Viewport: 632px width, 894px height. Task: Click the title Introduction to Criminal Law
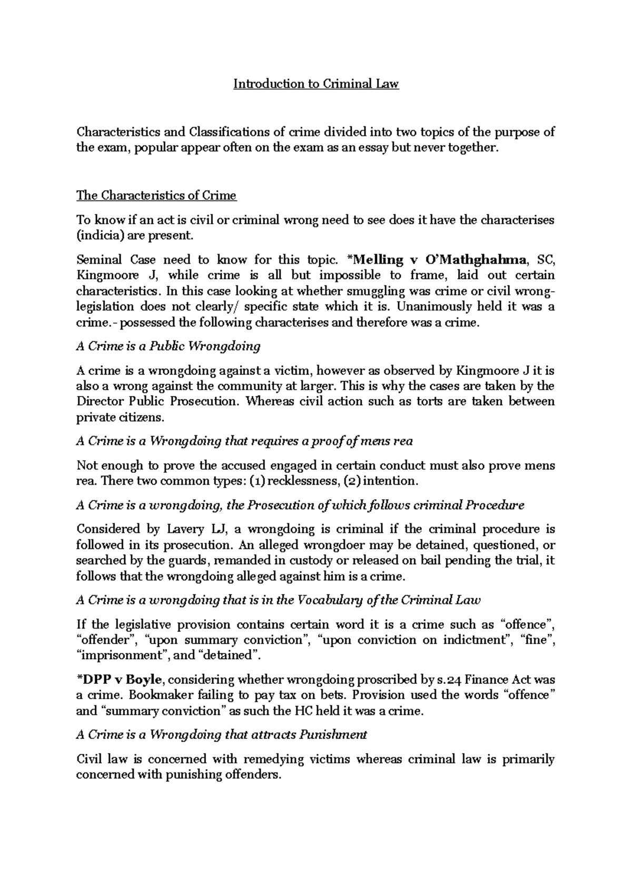coord(316,84)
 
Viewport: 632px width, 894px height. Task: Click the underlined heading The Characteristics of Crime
coord(156,196)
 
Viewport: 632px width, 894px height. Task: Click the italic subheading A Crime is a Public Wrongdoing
coord(169,346)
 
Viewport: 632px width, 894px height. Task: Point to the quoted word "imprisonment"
coord(122,656)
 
